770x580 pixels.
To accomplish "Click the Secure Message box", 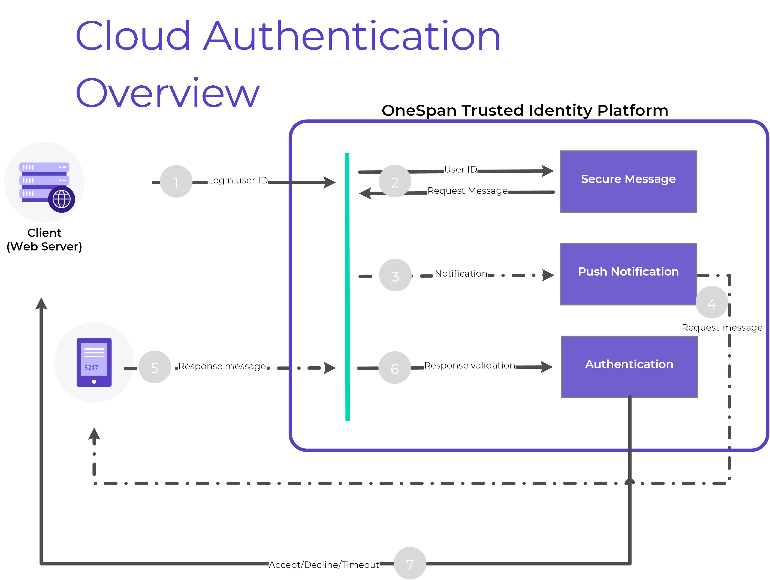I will click(x=628, y=181).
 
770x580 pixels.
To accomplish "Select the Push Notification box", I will click(x=628, y=274).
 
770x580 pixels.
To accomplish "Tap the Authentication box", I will click(x=629, y=367).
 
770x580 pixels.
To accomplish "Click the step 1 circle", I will click(x=176, y=181).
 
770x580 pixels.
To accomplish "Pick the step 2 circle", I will click(x=395, y=181).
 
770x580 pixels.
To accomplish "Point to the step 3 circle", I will click(x=395, y=275).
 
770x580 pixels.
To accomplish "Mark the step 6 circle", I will click(x=395, y=368).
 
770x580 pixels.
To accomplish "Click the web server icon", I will click(x=44, y=182).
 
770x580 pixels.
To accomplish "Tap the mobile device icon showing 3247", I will click(x=94, y=362).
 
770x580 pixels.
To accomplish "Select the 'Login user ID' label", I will click(x=238, y=180).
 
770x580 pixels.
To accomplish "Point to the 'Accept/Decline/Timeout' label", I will click(x=324, y=564).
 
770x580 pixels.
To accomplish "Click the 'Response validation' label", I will click(x=470, y=365).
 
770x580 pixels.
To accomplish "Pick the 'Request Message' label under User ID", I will click(x=467, y=191).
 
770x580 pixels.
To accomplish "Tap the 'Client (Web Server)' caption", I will click(x=44, y=240).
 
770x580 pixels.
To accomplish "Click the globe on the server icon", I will click(x=62, y=199).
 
